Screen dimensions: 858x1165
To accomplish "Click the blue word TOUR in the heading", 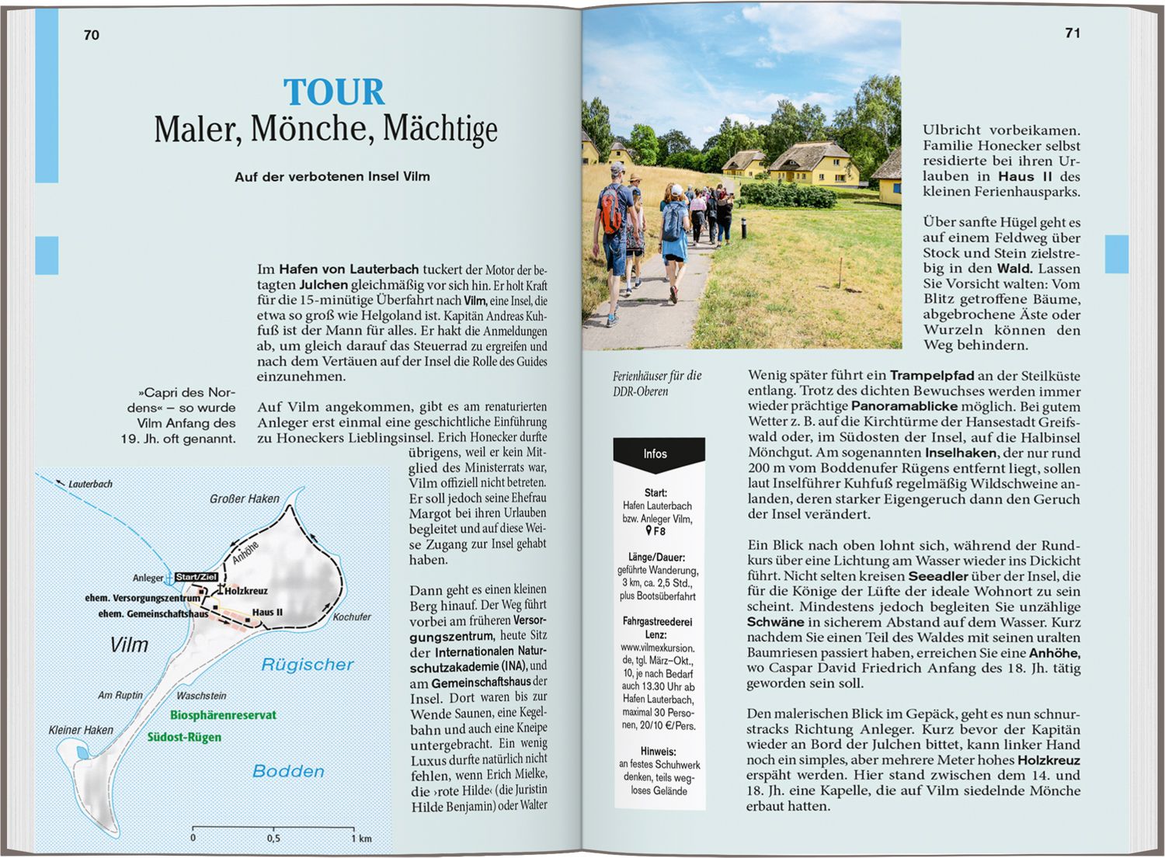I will [x=334, y=92].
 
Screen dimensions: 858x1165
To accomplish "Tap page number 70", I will [x=92, y=35].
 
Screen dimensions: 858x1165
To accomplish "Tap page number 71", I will [x=1073, y=33].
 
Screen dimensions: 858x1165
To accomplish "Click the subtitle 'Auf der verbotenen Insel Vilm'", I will [x=332, y=177].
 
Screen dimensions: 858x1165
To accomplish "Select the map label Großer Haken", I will [x=244, y=498].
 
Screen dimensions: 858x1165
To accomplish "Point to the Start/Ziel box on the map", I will [x=196, y=577].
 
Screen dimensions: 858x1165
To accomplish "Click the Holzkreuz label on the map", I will [x=245, y=591].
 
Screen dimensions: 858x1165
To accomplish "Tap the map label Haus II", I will [x=267, y=612].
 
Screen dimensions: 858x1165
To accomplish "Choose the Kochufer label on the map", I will [x=352, y=617].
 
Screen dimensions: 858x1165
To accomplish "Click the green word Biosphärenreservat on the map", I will [x=223, y=715].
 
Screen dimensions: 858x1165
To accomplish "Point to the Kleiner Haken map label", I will [x=81, y=730].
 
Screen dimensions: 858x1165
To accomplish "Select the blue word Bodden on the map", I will [x=288, y=771].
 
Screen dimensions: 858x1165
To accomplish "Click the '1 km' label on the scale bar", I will [x=361, y=839].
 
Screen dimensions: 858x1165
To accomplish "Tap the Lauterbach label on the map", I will [x=90, y=484].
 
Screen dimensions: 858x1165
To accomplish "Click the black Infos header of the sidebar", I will [x=655, y=454].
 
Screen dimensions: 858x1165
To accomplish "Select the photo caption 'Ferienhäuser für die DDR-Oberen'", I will [x=657, y=384].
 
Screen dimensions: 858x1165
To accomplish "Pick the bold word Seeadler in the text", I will [x=938, y=576].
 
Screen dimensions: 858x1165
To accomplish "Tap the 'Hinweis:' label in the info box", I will [x=658, y=752].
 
